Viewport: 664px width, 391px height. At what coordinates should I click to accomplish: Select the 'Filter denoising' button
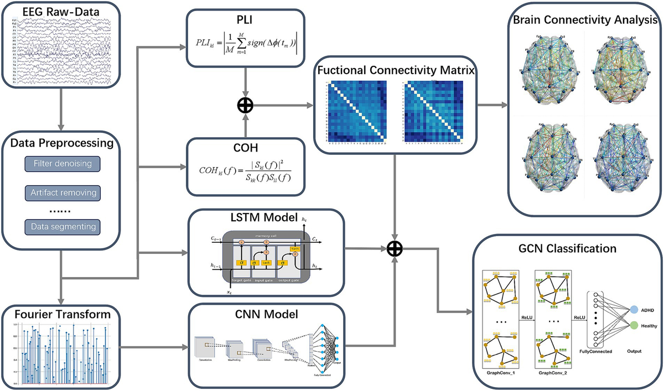click(62, 164)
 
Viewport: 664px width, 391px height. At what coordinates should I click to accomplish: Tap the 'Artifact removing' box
click(62, 193)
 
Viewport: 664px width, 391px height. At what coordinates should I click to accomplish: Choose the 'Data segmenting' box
click(62, 226)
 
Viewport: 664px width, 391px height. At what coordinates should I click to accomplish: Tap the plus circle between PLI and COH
click(246, 105)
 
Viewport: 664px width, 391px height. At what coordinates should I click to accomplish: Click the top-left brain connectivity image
click(546, 69)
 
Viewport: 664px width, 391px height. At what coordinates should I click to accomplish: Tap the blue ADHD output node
click(635, 310)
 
